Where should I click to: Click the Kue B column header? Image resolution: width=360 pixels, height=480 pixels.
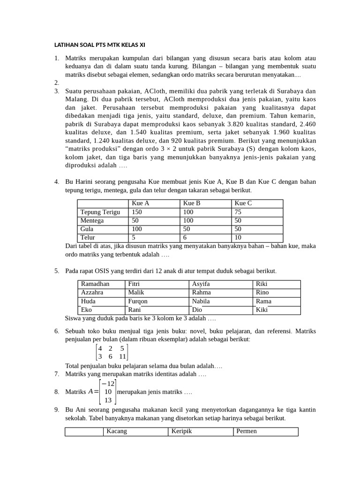click(x=192, y=203)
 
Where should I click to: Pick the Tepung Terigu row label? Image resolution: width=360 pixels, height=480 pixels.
click(x=100, y=212)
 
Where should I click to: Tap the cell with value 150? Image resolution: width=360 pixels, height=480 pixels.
click(x=137, y=212)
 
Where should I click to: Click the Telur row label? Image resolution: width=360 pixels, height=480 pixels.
click(x=88, y=238)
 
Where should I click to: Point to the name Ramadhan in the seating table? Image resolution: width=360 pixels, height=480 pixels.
click(x=95, y=284)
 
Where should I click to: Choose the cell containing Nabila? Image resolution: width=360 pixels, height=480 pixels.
click(x=201, y=301)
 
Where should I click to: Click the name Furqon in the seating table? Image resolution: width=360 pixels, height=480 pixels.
click(x=138, y=301)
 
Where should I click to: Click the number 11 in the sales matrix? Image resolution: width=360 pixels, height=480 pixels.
click(x=122, y=356)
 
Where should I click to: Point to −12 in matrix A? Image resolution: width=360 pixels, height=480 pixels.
click(x=108, y=383)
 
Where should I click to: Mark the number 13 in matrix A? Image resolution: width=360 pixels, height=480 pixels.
click(x=108, y=400)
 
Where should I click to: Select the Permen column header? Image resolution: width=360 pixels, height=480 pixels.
click(x=247, y=431)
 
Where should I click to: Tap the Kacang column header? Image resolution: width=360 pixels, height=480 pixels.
click(x=117, y=431)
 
